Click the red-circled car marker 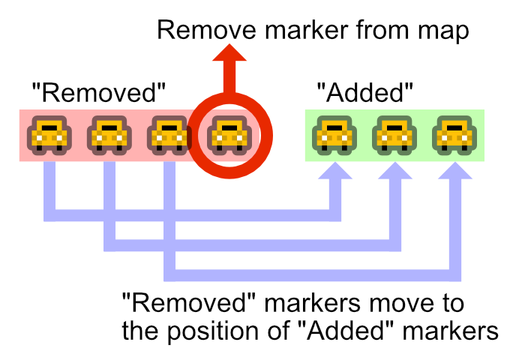[228, 135]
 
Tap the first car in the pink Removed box [49, 135]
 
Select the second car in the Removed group [109, 135]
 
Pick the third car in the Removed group [169, 135]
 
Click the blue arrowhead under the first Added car [334, 173]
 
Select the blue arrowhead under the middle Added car [394, 173]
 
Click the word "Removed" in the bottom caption [177, 304]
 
